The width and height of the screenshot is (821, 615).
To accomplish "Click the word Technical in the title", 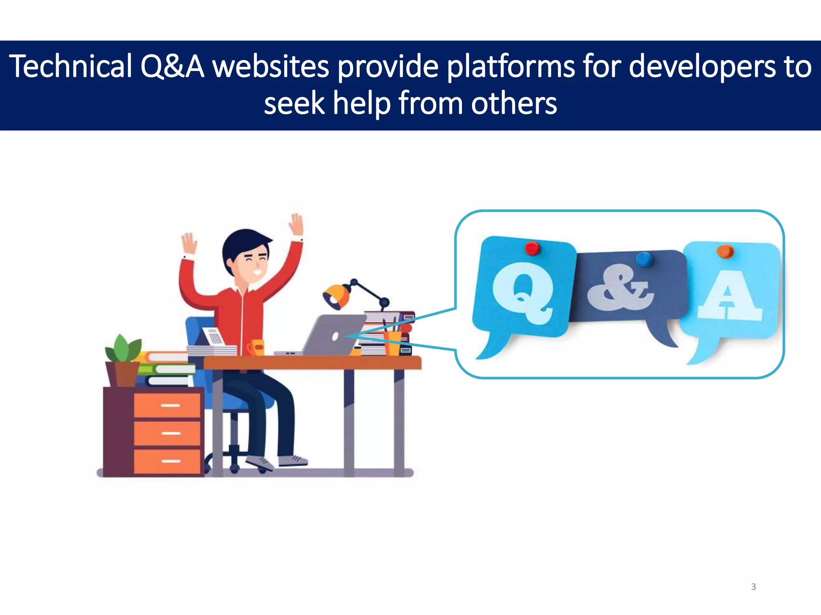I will [x=71, y=66].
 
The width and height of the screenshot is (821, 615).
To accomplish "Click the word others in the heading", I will [x=514, y=103].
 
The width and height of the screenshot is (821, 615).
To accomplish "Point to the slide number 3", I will [x=753, y=587].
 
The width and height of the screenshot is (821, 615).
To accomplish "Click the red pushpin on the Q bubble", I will [x=532, y=248].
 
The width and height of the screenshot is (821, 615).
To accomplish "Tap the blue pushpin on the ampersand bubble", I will [x=644, y=259].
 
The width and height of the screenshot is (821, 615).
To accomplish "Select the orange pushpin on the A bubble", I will [x=725, y=251].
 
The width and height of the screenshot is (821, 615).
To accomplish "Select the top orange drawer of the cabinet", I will [x=167, y=405].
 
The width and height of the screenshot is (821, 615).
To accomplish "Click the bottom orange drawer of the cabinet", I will [x=167, y=461].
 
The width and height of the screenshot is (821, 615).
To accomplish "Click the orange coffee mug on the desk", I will [x=256, y=347].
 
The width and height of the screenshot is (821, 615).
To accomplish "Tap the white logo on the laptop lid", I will [x=335, y=336].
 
